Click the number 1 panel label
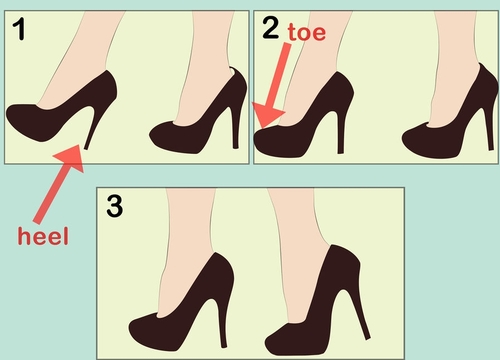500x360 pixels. [19, 29]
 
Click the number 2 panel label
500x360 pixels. [270, 28]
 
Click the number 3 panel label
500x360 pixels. [115, 206]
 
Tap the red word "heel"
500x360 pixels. [43, 236]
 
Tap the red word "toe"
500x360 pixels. [307, 32]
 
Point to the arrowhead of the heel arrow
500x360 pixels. [71, 157]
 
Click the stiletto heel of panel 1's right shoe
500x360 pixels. [235, 127]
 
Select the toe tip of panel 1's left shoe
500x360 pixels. [7, 115]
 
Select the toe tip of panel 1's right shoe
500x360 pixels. [151, 136]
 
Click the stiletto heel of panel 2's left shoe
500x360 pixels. [339, 133]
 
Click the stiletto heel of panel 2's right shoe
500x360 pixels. [489, 129]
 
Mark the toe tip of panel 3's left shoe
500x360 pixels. [130, 326]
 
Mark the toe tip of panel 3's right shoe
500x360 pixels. [267, 342]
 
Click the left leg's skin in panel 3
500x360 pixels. [187, 247]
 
